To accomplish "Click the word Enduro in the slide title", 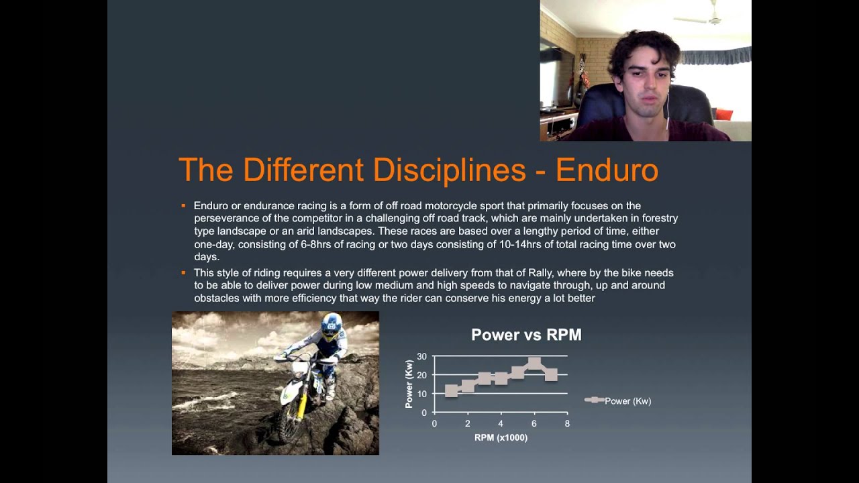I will click(x=607, y=170).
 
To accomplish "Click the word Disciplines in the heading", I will click(x=449, y=170).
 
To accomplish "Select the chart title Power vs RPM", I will click(x=526, y=335).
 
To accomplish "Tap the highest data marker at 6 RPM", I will click(x=534, y=364).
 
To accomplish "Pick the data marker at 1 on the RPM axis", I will click(x=452, y=390).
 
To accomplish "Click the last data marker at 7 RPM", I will click(x=551, y=374).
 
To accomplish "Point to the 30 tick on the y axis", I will click(x=421, y=356).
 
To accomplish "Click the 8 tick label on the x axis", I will click(x=567, y=424).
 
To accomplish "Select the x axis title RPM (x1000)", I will click(x=501, y=437).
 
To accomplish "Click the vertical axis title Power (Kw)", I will click(x=409, y=384).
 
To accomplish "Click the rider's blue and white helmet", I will click(x=331, y=327).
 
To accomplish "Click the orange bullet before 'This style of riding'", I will click(x=183, y=273).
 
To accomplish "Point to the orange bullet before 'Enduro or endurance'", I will click(x=183, y=205).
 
